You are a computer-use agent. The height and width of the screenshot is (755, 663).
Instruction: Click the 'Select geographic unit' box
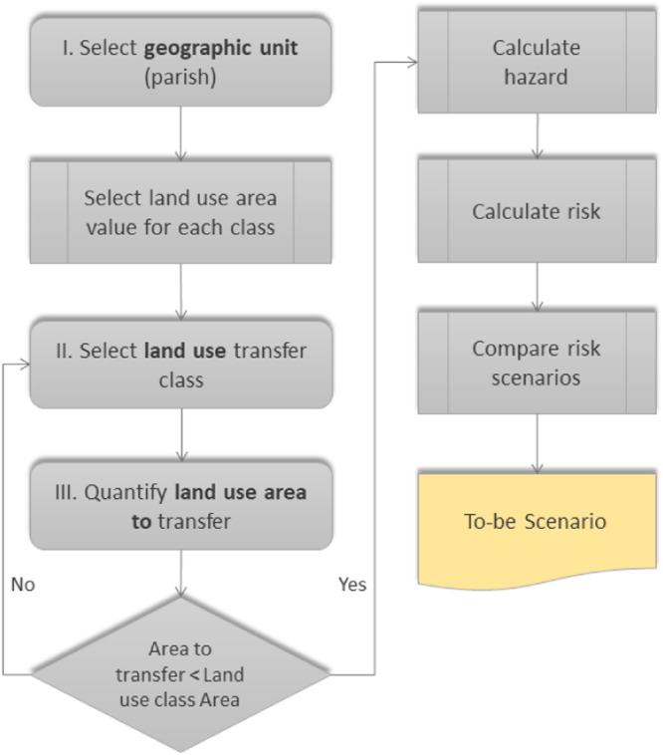180,60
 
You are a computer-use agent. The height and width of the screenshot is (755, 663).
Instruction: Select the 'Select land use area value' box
180,211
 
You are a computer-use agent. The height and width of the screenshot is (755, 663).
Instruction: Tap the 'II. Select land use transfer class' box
180,364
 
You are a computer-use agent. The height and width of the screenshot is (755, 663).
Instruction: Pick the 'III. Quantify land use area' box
180,505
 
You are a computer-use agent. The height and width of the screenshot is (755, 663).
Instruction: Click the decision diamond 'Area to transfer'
180,673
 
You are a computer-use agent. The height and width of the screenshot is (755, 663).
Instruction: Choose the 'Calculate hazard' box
537,61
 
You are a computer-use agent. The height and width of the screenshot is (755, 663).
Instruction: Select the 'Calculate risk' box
537,211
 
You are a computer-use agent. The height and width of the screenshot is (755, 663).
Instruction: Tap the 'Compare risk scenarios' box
537,363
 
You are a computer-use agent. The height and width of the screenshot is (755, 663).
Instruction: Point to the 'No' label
23,585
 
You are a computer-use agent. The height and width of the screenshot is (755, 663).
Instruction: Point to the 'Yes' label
351,585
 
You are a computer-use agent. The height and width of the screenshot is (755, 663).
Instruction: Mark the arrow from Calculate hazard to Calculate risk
538,136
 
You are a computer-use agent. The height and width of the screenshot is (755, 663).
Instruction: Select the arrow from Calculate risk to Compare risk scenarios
538,288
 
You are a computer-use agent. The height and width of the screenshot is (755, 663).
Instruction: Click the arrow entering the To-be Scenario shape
538,443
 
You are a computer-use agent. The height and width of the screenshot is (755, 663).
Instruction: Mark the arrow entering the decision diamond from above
180,573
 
